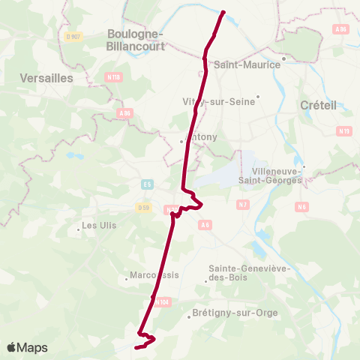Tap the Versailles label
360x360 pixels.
[45, 78]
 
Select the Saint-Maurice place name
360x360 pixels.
[247, 64]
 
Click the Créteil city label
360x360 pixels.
[318, 106]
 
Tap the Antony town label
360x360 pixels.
[201, 137]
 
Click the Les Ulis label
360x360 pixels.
[99, 225]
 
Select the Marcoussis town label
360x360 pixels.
[155, 274]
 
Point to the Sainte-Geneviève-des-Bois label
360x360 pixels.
[244, 273]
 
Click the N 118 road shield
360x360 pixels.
[113, 76]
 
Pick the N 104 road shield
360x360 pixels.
[164, 302]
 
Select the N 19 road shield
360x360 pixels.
[344, 131]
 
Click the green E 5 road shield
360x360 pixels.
[147, 183]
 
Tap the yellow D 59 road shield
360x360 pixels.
[143, 206]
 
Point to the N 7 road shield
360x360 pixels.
[242, 205]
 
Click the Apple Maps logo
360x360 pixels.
[27, 347]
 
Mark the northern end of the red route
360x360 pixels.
[223, 11]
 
